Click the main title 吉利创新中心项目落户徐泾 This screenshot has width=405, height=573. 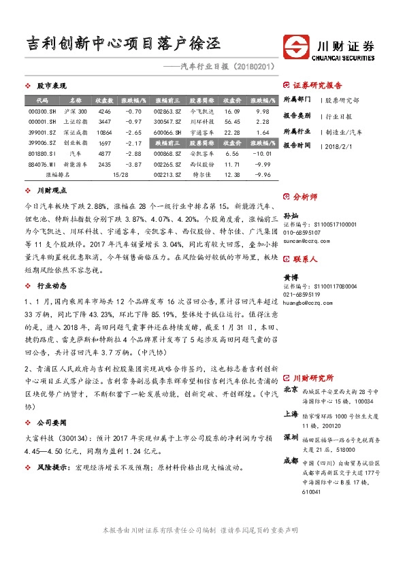pos(123,44)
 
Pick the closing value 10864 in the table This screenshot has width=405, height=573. pos(104,133)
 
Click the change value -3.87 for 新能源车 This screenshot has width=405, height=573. pos(133,165)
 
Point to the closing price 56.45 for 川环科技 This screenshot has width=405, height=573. pos(233,122)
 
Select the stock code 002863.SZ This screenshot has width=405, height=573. pos(167,111)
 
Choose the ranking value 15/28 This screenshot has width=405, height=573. pos(120,176)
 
